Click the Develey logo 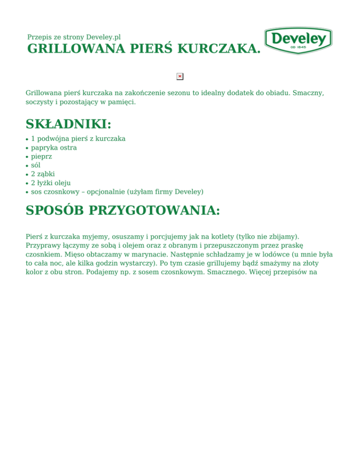click(298, 40)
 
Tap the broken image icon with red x click(180, 76)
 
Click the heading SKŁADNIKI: click(68, 124)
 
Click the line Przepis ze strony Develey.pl click(74, 37)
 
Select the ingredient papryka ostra click(54, 148)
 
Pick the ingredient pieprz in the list click(41, 157)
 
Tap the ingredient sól click(36, 165)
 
